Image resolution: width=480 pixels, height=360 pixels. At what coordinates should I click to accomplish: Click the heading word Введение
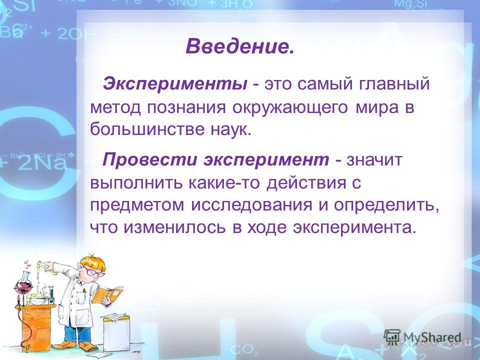pyautogui.click(x=239, y=46)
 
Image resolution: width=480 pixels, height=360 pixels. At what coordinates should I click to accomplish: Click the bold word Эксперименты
pyautogui.click(x=175, y=84)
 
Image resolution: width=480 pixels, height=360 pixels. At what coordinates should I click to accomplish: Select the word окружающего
pyautogui.click(x=290, y=108)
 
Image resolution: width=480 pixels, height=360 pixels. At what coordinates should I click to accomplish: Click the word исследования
pyautogui.click(x=252, y=205)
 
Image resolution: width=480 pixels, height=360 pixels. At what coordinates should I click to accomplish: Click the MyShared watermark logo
pyautogui.click(x=422, y=338)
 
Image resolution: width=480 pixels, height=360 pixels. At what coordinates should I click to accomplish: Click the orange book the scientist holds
pyautogui.click(x=107, y=294)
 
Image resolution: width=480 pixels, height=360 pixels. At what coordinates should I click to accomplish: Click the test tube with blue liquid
pyautogui.click(x=51, y=295)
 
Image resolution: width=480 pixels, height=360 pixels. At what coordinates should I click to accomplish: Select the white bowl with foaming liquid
pyautogui.click(x=38, y=299)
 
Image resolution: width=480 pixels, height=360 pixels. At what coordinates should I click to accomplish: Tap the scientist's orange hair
pyautogui.click(x=92, y=262)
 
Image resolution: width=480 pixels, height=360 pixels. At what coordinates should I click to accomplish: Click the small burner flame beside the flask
pyautogui.click(x=18, y=299)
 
